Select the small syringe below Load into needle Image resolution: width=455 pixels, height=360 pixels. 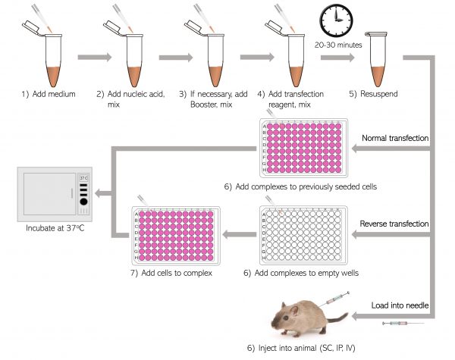click(x=404, y=323)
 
